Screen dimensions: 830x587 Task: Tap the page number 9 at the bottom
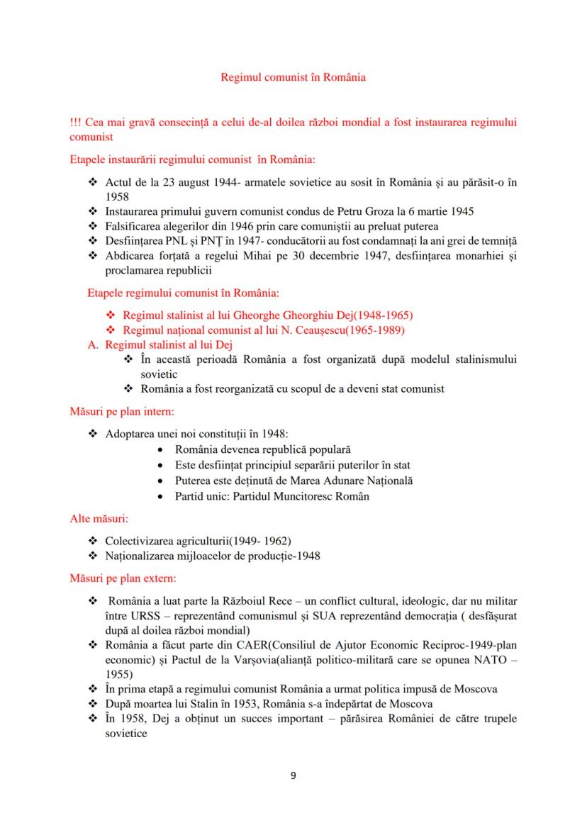tap(293, 775)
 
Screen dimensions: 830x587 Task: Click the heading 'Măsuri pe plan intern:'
tap(121, 410)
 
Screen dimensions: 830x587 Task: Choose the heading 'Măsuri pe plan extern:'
tap(122, 578)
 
